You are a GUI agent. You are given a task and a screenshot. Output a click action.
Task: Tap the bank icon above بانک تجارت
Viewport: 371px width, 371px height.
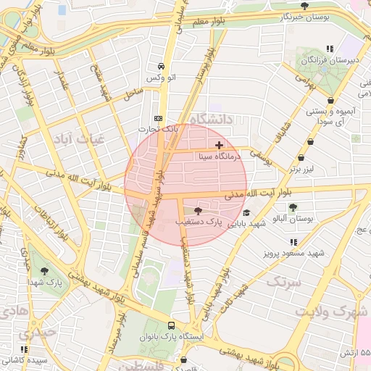pyautogui.click(x=159, y=119)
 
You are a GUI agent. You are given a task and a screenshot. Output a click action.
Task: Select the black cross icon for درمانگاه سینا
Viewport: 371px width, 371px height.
pyautogui.click(x=220, y=146)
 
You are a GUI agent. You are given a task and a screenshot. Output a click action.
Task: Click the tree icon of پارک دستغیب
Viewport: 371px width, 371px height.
pyautogui.click(x=199, y=210)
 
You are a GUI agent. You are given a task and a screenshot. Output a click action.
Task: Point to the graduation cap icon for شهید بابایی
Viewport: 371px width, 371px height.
pyautogui.click(x=246, y=213)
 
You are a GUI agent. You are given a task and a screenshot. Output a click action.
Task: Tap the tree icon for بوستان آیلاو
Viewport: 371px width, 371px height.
pyautogui.click(x=293, y=207)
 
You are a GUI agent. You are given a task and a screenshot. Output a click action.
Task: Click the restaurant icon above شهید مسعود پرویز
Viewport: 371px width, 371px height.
pyautogui.click(x=293, y=242)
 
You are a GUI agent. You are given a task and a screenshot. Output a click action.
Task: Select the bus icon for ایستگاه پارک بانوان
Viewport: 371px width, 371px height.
pyautogui.click(x=171, y=325)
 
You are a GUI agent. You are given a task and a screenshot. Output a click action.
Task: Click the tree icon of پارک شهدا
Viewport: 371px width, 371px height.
pyautogui.click(x=46, y=270)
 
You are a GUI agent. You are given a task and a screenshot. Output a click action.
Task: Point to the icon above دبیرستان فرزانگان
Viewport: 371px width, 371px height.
pyautogui.click(x=330, y=49)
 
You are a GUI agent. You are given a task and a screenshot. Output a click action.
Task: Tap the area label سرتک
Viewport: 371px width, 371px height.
pyautogui.click(x=283, y=281)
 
